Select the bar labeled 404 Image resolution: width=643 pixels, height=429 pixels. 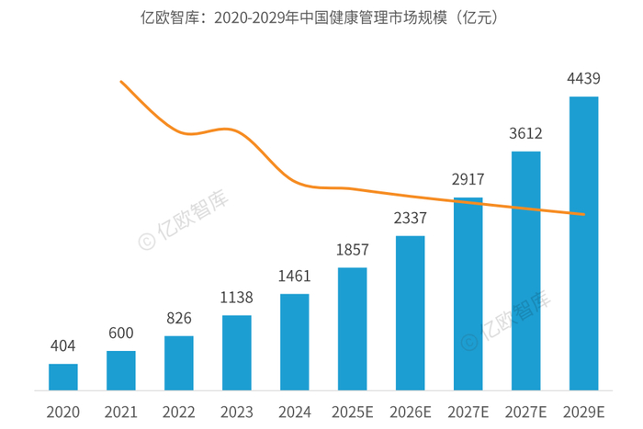coord(63,377)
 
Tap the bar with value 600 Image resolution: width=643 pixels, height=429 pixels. coord(121,370)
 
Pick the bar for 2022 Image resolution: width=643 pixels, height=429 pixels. coord(179,363)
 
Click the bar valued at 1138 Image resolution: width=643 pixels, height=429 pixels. coord(237,353)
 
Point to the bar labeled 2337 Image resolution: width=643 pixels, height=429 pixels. coord(411,312)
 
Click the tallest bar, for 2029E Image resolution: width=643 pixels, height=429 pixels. coord(584,243)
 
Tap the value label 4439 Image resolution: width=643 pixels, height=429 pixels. coord(584,81)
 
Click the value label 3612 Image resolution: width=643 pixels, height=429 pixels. coord(526,134)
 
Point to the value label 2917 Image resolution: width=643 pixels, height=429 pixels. coord(468,180)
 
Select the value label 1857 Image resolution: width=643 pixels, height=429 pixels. coord(353,251)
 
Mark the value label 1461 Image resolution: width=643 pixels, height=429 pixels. coord(295,277)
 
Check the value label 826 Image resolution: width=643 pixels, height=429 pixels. coord(179,319)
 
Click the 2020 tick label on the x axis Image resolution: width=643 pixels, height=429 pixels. coord(63,411)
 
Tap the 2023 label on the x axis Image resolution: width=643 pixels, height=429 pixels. coord(237,411)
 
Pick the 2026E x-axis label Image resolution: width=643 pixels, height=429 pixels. coord(411,411)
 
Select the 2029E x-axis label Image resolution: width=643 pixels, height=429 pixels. coord(584,411)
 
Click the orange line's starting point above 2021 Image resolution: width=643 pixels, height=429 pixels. coord(121,82)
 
